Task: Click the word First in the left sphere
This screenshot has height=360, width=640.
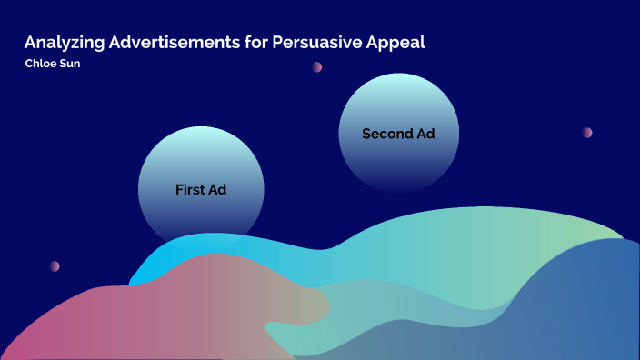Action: click(x=190, y=190)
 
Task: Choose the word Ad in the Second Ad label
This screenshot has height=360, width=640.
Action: click(x=425, y=134)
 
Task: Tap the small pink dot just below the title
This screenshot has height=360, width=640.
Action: click(x=317, y=67)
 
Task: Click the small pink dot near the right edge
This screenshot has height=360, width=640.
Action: click(x=587, y=133)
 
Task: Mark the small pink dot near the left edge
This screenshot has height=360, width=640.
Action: click(x=55, y=266)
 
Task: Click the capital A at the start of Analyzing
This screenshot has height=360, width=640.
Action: click(x=30, y=43)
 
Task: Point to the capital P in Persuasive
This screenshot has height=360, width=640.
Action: click(x=277, y=43)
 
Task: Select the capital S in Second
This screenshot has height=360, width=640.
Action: click(x=366, y=134)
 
